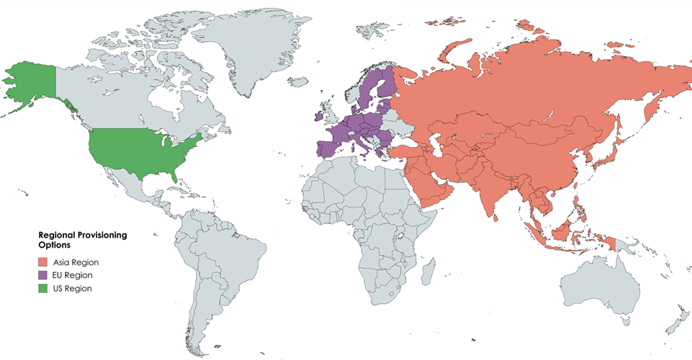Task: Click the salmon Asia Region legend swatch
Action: (43, 263)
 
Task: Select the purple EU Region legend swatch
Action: (43, 276)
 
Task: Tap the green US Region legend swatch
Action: (43, 289)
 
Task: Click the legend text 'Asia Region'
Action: (76, 263)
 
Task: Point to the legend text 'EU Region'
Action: (73, 276)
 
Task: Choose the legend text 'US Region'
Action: (73, 289)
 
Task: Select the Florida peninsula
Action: (175, 174)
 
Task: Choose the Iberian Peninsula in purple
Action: (328, 148)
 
